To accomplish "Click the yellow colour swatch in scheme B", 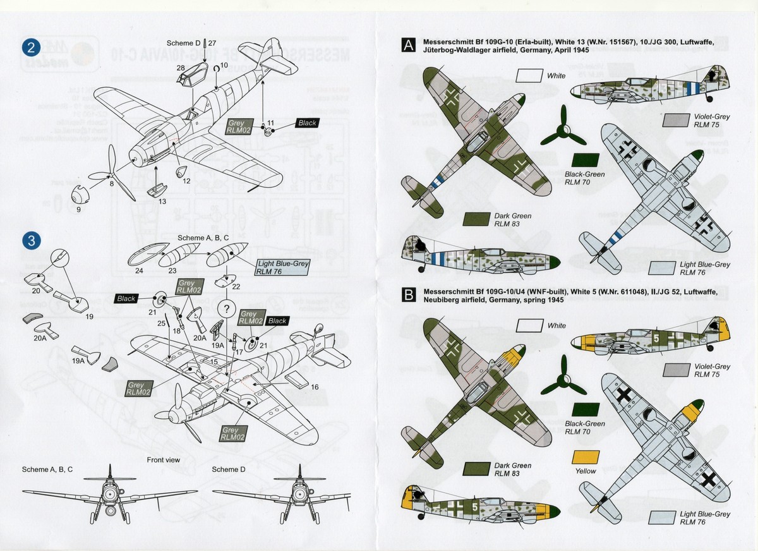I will tap(586, 458).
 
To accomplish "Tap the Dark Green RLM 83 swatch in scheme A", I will tap(478, 220).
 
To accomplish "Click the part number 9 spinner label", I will tap(78, 209).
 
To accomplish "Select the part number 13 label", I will tap(162, 202).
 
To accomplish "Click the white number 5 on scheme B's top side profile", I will tap(657, 339).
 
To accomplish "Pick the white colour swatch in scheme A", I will tap(530, 76).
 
